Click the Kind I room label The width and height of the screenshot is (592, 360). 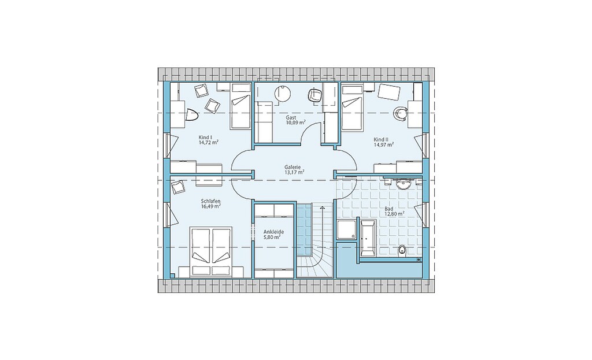[x=205, y=138]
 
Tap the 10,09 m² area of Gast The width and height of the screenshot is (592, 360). [x=295, y=123]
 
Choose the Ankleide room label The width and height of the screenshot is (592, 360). [x=273, y=232]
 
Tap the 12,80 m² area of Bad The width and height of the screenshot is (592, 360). [x=394, y=213]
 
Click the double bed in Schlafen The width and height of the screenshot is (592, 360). [x=212, y=252]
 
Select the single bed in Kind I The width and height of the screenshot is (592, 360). [x=241, y=106]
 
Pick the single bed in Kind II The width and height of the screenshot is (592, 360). [x=352, y=108]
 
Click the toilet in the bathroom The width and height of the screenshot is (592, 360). [x=402, y=250]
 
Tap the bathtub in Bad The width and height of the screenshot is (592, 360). [x=367, y=239]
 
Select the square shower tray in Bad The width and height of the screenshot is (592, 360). [x=346, y=230]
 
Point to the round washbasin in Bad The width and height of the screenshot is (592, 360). [x=403, y=184]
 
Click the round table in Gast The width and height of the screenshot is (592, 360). [x=283, y=94]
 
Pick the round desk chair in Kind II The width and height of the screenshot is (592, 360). [x=400, y=113]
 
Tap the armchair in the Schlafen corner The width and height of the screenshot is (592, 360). [x=178, y=187]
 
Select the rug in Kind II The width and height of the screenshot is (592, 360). [x=389, y=92]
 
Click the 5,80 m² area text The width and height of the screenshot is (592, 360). [x=272, y=237]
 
